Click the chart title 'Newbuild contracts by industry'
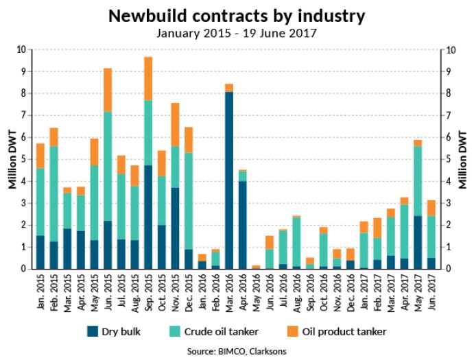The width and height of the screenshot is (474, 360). (x=237, y=15)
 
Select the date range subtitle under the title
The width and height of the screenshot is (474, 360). (x=237, y=32)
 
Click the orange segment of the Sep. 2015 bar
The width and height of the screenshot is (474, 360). (x=148, y=78)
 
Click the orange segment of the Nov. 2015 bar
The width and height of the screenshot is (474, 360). (x=175, y=124)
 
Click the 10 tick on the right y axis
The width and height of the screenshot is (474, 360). (x=451, y=49)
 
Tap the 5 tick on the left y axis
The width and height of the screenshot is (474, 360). (x=21, y=159)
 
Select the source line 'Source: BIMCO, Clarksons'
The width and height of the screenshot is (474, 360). (x=237, y=351)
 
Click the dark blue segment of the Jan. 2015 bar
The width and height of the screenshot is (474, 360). (x=40, y=252)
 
